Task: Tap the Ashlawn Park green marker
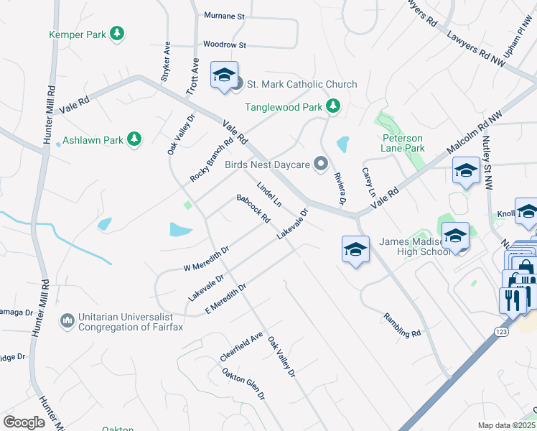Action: point(134,139)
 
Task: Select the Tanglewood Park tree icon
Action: point(332,107)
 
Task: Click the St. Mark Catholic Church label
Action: point(302,84)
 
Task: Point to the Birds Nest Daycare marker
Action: point(322,164)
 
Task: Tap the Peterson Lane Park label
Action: point(402,143)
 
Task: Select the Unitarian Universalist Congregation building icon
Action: point(67,320)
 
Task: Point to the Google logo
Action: point(24,422)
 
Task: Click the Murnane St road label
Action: point(224,15)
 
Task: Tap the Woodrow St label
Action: point(224,45)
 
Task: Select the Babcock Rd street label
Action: point(253,208)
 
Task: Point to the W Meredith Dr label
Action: point(206,258)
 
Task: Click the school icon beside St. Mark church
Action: point(223,75)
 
